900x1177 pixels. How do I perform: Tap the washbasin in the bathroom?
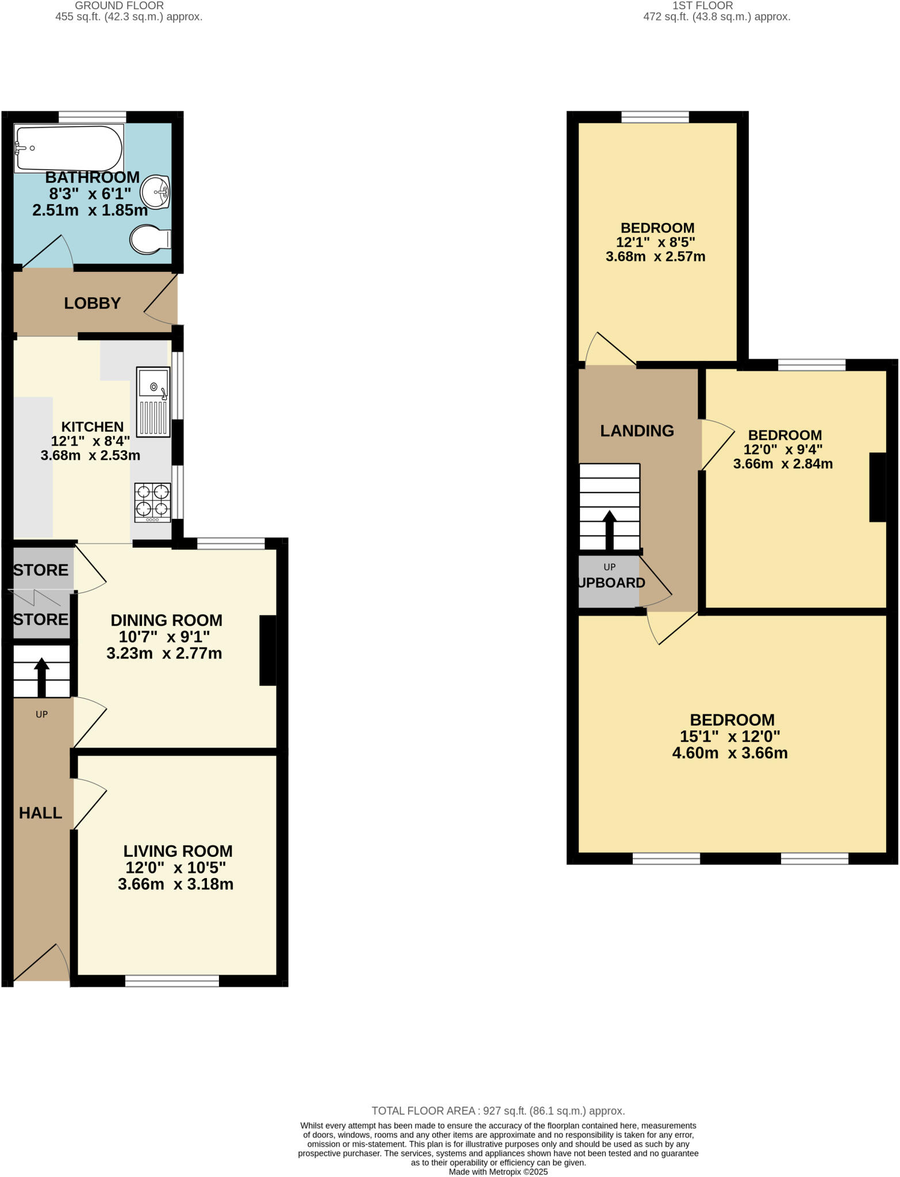click(x=155, y=192)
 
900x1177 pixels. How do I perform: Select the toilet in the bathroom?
click(x=149, y=239)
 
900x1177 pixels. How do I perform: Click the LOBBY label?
click(x=92, y=303)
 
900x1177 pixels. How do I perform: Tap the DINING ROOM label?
click(x=166, y=621)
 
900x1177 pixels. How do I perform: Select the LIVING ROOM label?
click(x=178, y=851)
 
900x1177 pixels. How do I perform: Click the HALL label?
click(x=40, y=813)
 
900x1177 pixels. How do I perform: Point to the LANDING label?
click(x=637, y=430)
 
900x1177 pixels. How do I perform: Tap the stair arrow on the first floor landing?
click(x=609, y=529)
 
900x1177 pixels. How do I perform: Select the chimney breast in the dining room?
click(x=268, y=651)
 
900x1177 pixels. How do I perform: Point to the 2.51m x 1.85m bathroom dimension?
click(x=90, y=210)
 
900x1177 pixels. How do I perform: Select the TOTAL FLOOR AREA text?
click(x=498, y=1111)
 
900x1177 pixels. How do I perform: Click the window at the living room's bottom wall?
click(x=172, y=980)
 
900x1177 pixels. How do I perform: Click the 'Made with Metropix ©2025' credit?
click(x=498, y=1172)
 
